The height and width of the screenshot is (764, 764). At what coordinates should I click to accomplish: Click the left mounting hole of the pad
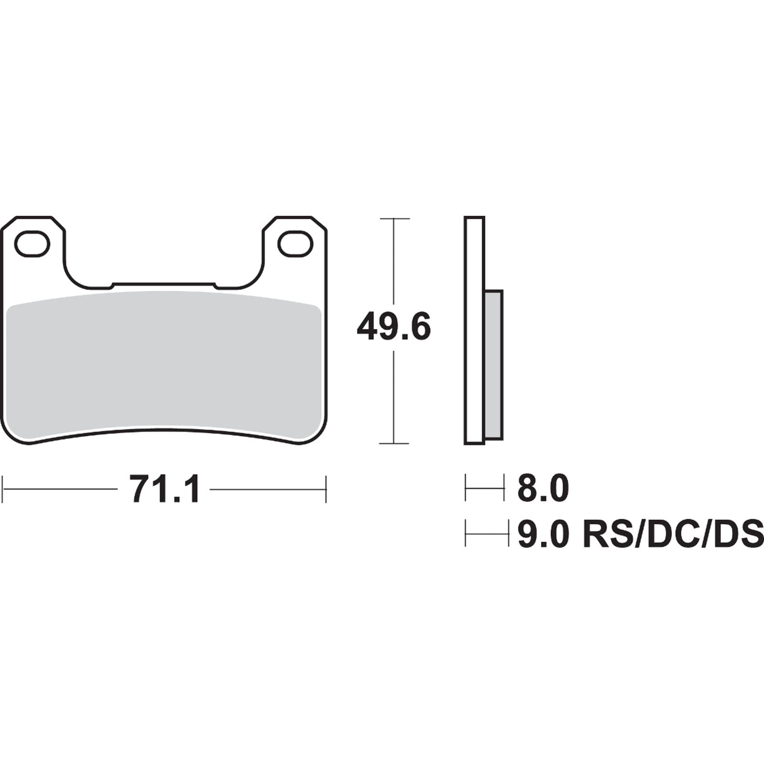32,244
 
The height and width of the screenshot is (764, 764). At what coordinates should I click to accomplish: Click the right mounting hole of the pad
295,244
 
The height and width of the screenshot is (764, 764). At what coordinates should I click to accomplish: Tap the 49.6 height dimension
394,327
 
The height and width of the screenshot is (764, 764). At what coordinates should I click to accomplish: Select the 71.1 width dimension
164,489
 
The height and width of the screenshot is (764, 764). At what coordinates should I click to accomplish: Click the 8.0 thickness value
543,488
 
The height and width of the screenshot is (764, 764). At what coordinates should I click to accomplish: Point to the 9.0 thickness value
543,534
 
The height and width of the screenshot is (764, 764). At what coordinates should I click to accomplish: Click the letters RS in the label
603,534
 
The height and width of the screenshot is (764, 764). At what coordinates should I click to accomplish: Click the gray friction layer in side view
494,365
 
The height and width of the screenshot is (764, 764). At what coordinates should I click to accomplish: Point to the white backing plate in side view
474,329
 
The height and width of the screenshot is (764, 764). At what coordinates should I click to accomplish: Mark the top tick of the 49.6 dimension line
394,219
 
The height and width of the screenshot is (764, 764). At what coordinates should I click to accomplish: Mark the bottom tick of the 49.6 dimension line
394,444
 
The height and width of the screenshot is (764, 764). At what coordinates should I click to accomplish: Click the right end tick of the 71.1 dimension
326,489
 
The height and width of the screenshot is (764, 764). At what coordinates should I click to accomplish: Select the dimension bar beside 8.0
485,488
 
